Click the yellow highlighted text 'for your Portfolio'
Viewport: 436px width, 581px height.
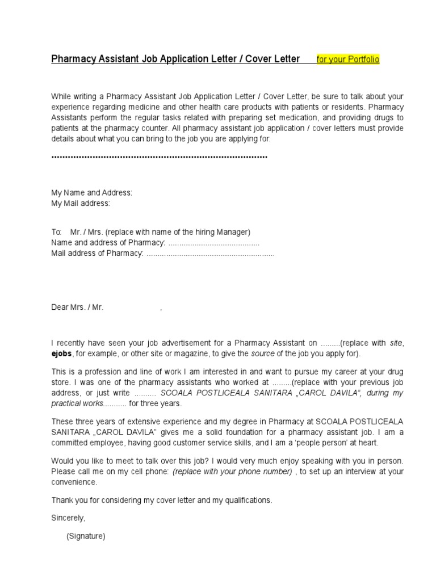tap(348, 59)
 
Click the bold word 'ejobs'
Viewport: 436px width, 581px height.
tap(62, 353)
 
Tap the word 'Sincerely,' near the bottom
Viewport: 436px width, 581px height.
tap(68, 518)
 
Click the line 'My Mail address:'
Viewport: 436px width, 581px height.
tap(81, 203)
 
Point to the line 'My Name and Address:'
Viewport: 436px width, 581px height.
tap(91, 193)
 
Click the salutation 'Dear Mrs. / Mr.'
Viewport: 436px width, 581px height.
tap(77, 307)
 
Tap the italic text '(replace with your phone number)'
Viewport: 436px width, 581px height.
tap(233, 471)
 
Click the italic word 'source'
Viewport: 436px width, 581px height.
tap(263, 353)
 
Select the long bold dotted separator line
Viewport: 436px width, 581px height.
tap(159, 156)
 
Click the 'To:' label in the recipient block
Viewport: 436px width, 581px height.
tap(56, 232)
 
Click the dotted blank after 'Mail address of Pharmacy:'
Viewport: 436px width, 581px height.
tap(210, 254)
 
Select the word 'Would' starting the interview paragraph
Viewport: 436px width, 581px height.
tap(62, 461)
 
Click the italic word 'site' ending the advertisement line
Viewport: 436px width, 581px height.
tap(396, 343)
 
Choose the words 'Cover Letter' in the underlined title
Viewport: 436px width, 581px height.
tap(272, 58)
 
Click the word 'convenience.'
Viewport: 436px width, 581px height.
tap(74, 482)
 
